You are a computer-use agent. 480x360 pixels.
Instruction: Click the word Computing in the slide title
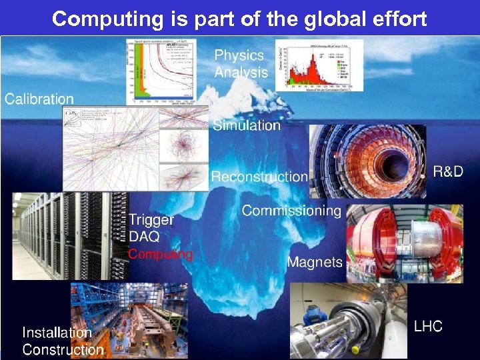pyautogui.click(x=107, y=19)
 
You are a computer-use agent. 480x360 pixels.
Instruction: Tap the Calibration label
pyautogui.click(x=39, y=99)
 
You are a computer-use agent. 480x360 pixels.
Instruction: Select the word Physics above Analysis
pyautogui.click(x=239, y=55)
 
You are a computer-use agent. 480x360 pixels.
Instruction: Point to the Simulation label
pyautogui.click(x=247, y=125)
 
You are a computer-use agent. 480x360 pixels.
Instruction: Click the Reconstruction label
pyautogui.click(x=259, y=177)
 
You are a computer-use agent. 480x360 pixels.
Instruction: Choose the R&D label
pyautogui.click(x=448, y=172)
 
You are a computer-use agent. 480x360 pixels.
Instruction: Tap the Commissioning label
pyautogui.click(x=291, y=211)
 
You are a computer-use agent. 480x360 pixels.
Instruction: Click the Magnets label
pyautogui.click(x=315, y=262)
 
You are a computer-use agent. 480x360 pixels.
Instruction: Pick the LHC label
pyautogui.click(x=428, y=327)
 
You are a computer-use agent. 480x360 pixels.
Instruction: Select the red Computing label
pyautogui.click(x=160, y=254)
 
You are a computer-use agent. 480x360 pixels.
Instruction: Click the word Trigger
pyautogui.click(x=151, y=219)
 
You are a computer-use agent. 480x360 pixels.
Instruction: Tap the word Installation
pyautogui.click(x=57, y=332)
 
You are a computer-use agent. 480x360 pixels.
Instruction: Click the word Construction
pyautogui.click(x=63, y=349)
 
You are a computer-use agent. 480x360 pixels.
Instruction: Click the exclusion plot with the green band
pyautogui.click(x=160, y=71)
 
